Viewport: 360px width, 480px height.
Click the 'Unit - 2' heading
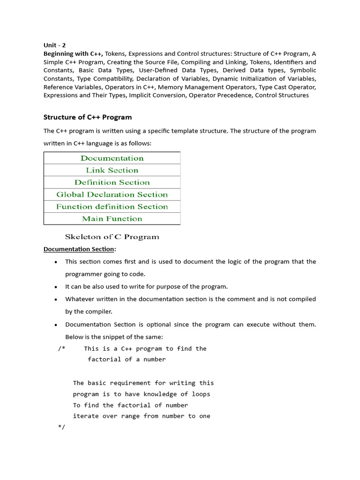click(54, 45)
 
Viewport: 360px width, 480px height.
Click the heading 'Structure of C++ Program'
click(88, 117)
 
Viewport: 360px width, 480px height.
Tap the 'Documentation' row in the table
click(112, 158)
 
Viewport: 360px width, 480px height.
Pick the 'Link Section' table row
click(112, 171)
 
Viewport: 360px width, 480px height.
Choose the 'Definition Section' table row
click(112, 183)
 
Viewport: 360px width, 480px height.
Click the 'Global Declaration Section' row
click(112, 195)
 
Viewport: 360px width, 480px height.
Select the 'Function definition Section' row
click(112, 207)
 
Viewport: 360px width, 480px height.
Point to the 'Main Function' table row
click(112, 219)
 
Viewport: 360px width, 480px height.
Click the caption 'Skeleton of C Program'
click(112, 237)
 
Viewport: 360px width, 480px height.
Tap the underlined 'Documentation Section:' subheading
click(80, 249)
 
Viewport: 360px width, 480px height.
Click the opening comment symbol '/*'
click(62, 349)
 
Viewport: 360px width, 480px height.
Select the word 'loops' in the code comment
click(201, 394)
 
